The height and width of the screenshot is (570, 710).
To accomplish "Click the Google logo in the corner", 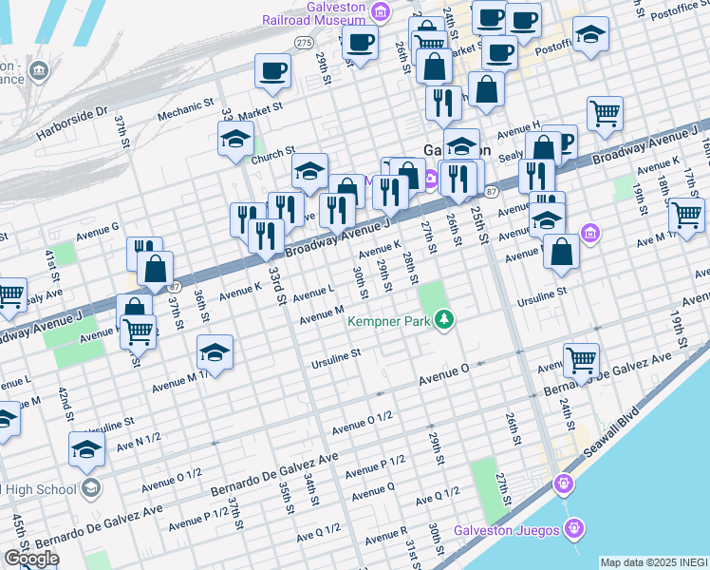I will [31, 559].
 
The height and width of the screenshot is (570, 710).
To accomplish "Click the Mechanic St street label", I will [180, 113].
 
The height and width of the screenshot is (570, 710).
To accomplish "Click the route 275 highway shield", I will [304, 43].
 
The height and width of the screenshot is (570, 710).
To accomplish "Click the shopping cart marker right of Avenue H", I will [605, 114].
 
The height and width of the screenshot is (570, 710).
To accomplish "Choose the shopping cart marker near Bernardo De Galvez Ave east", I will [581, 360].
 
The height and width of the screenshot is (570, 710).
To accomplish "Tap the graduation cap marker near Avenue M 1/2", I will [215, 353].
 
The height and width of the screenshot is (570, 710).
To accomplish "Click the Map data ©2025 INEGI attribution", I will [653, 562].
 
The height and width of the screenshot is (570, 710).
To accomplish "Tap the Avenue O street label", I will [445, 378].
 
